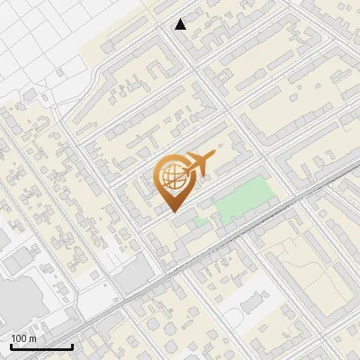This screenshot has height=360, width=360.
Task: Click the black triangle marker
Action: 181,24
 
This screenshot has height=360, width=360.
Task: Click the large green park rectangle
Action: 244,199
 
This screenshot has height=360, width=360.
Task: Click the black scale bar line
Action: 41,346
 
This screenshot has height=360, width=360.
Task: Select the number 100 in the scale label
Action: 19,338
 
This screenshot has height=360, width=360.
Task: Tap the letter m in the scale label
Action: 32,338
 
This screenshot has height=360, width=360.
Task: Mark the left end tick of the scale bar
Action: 11,345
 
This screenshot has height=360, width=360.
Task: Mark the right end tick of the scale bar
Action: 72,345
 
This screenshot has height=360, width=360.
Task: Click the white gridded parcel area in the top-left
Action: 45,36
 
